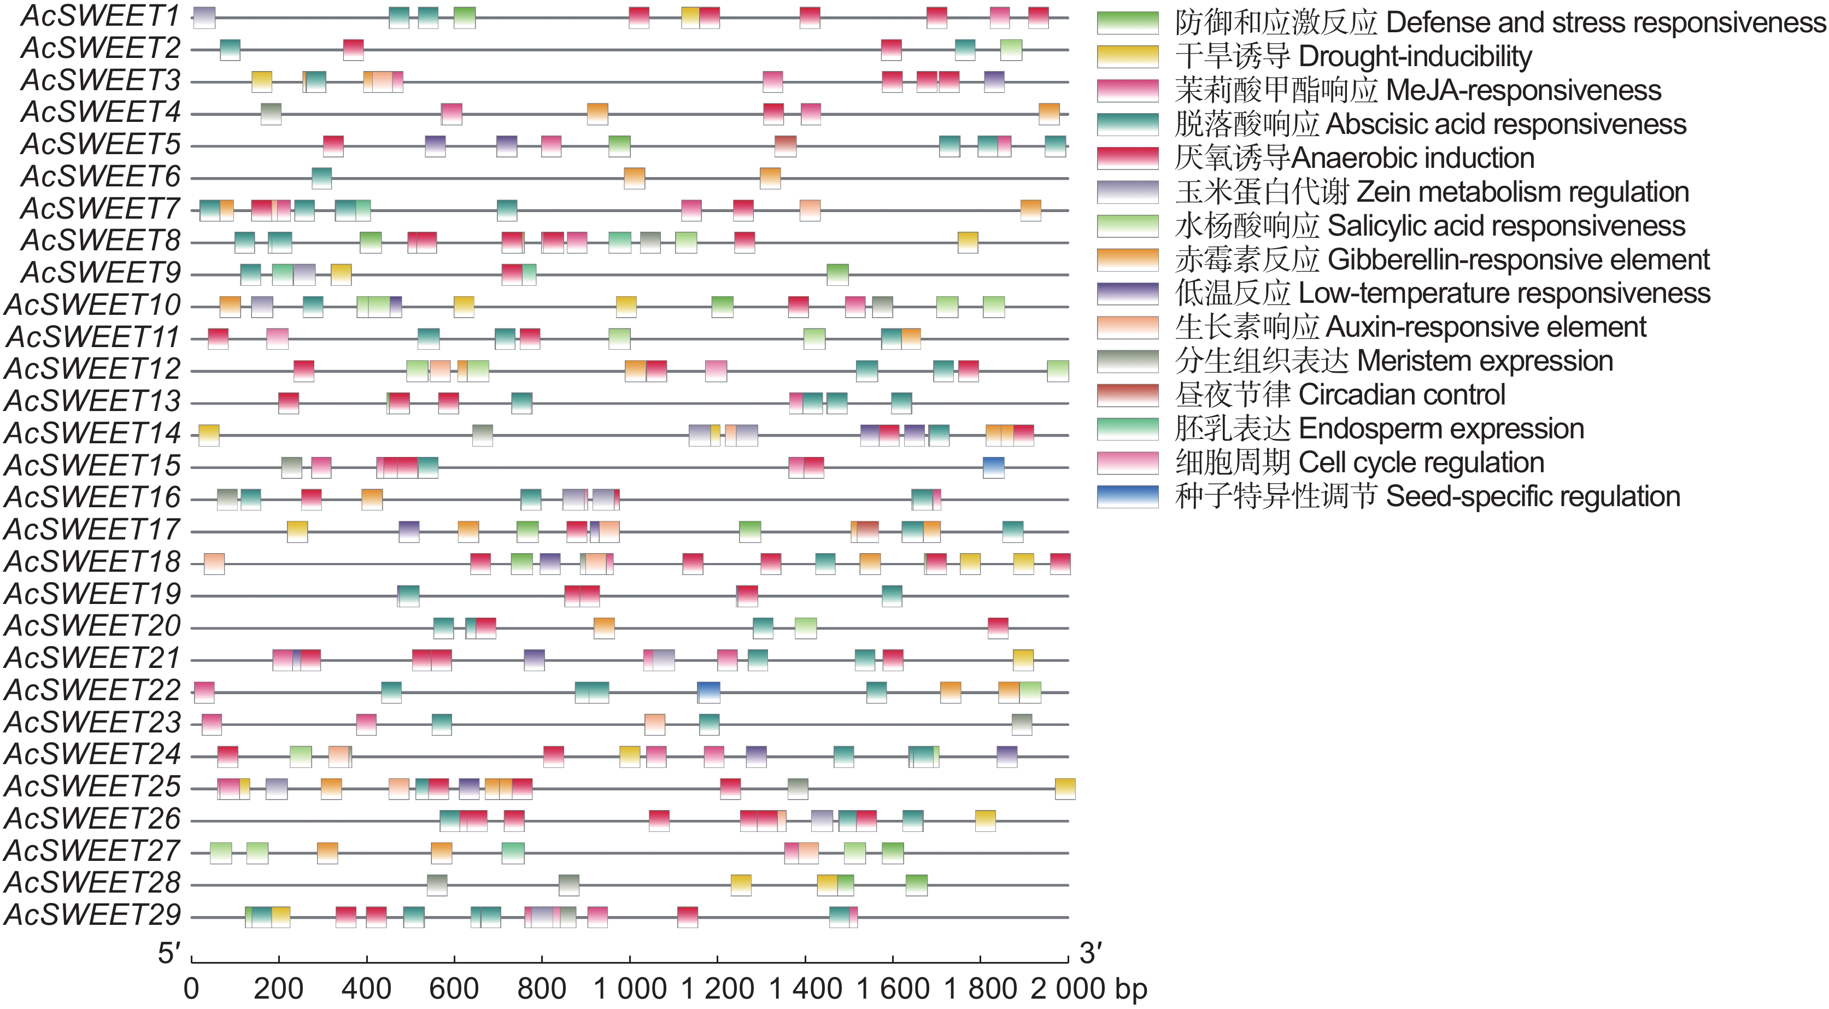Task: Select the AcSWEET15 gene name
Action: pyautogui.click(x=92, y=466)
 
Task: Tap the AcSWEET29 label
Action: pyautogui.click(x=92, y=916)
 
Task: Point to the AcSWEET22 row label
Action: pyautogui.click(x=92, y=690)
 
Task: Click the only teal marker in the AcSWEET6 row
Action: pyautogui.click(x=321, y=178)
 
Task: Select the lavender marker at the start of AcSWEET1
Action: pyautogui.click(x=204, y=17)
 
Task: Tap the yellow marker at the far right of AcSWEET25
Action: pyautogui.click(x=1065, y=788)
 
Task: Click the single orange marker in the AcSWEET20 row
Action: pyautogui.click(x=604, y=627)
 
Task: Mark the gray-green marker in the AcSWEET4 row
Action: pyautogui.click(x=271, y=114)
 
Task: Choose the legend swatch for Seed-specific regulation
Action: pyautogui.click(x=1128, y=496)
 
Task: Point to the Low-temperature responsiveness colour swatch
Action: pyautogui.click(x=1128, y=294)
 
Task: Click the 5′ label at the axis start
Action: pyautogui.click(x=169, y=953)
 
